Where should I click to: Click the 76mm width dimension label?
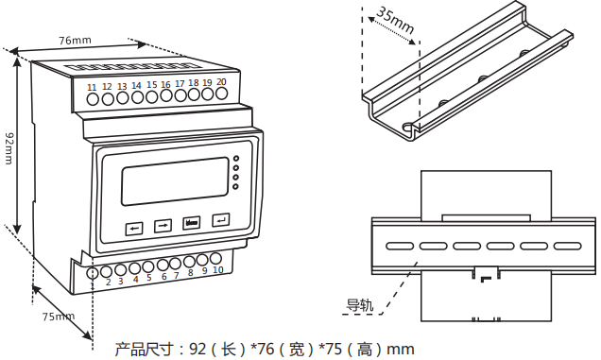click(x=75, y=41)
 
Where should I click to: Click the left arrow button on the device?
click(x=134, y=227)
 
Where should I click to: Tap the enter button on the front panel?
click(x=220, y=220)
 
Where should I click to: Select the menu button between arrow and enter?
click(x=192, y=223)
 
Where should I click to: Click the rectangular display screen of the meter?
click(x=174, y=180)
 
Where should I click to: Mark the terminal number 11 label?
click(x=92, y=88)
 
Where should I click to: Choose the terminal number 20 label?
click(x=221, y=82)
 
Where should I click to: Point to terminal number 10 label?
click(x=218, y=270)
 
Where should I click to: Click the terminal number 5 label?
click(x=149, y=278)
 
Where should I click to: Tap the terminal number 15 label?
click(x=151, y=85)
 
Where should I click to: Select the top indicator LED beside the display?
click(x=235, y=158)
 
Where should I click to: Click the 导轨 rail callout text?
click(x=360, y=305)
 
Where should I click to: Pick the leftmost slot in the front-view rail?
click(x=398, y=246)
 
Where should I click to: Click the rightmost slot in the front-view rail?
click(x=567, y=246)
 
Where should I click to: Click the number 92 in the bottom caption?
click(x=198, y=349)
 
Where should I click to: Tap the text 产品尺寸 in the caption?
click(x=144, y=349)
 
